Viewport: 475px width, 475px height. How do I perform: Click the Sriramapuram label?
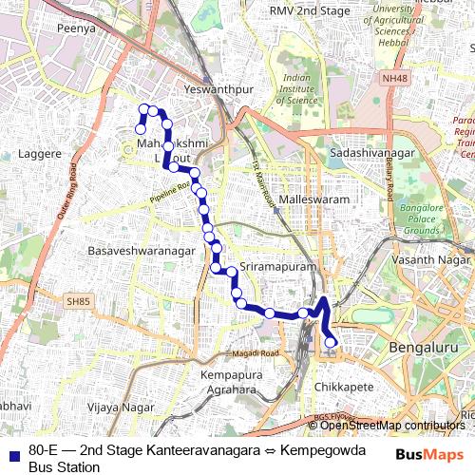point(277,268)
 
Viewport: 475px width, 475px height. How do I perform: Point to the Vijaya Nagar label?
point(120,407)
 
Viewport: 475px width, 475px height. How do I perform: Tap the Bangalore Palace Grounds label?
point(422,218)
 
